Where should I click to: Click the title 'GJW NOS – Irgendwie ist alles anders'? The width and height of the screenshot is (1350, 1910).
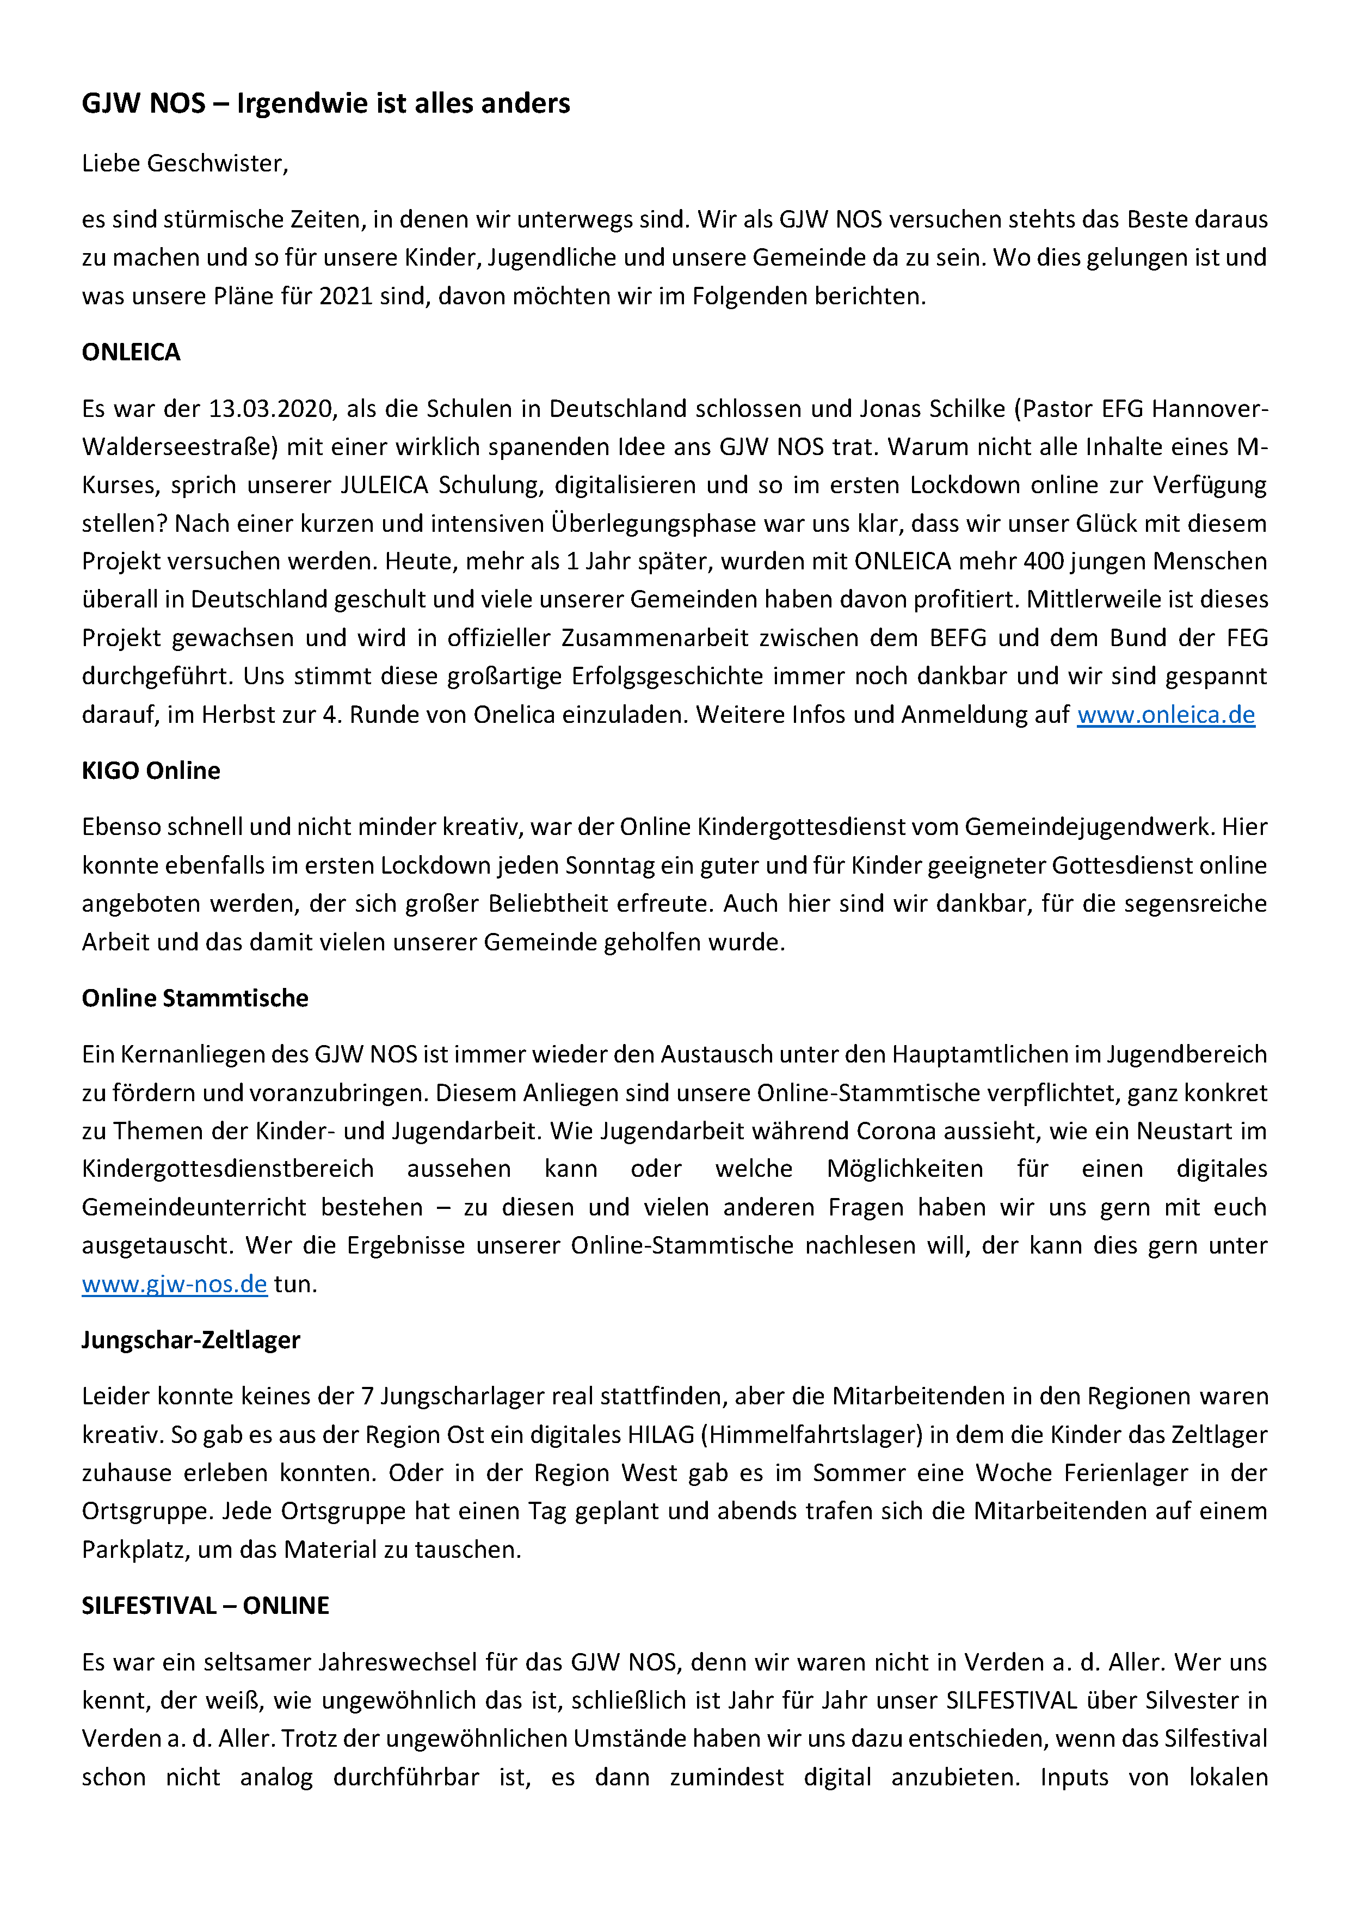pos(325,103)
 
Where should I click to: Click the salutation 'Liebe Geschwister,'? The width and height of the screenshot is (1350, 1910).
pos(184,163)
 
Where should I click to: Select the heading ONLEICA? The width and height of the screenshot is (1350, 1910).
pos(131,352)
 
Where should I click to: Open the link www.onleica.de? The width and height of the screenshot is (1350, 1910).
pos(1166,715)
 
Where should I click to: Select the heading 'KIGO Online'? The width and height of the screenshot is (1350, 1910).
pos(151,770)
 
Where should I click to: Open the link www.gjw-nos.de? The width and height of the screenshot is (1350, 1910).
pos(174,1283)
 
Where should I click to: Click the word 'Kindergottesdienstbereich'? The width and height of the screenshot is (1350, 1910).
pos(227,1169)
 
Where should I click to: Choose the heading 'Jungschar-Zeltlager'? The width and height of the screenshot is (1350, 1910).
pos(190,1340)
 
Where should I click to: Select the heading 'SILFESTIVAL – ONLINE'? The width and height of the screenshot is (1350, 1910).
pos(205,1606)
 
